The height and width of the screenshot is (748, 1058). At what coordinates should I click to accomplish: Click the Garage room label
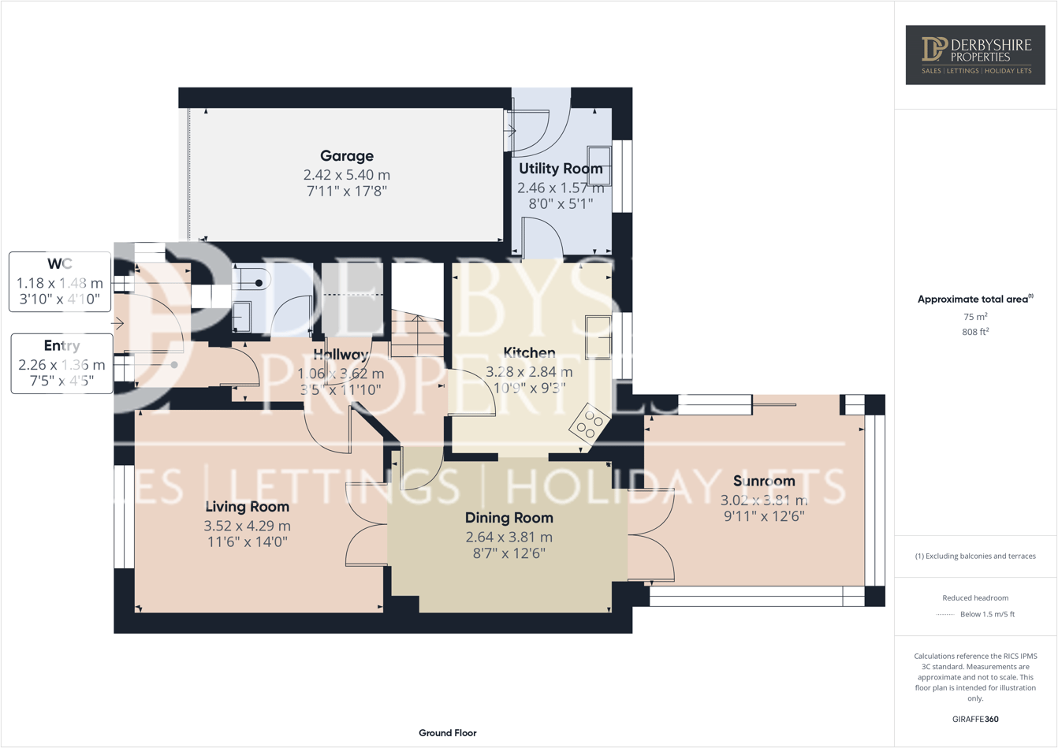(347, 156)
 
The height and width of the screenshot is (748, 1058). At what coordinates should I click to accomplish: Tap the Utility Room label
(561, 169)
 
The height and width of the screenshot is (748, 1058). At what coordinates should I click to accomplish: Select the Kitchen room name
(529, 352)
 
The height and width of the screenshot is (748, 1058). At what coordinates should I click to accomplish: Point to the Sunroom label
(764, 481)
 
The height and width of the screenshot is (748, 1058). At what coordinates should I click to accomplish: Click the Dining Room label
(509, 518)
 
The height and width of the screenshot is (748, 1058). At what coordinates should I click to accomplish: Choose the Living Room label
(247, 506)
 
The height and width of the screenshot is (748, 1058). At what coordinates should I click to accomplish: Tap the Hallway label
(341, 355)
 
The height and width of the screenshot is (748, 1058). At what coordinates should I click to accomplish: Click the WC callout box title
(60, 263)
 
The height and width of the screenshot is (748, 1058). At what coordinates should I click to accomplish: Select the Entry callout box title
(61, 345)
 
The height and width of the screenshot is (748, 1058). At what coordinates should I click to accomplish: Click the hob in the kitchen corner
(589, 426)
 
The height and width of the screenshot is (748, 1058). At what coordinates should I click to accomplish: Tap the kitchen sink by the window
(598, 337)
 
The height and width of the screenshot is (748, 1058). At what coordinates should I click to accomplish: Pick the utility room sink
(598, 166)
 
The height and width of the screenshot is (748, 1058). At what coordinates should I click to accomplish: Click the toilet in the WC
(254, 281)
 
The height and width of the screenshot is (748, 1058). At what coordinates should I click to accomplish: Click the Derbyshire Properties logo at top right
(975, 54)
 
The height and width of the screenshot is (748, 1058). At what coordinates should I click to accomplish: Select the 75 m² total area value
(975, 316)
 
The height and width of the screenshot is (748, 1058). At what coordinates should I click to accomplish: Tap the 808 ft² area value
(975, 332)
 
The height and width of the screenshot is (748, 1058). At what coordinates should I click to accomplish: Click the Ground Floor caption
(447, 733)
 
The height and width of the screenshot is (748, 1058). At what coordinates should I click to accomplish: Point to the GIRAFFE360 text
(975, 719)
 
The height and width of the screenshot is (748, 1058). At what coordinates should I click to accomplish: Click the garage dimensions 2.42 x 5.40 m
(347, 175)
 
